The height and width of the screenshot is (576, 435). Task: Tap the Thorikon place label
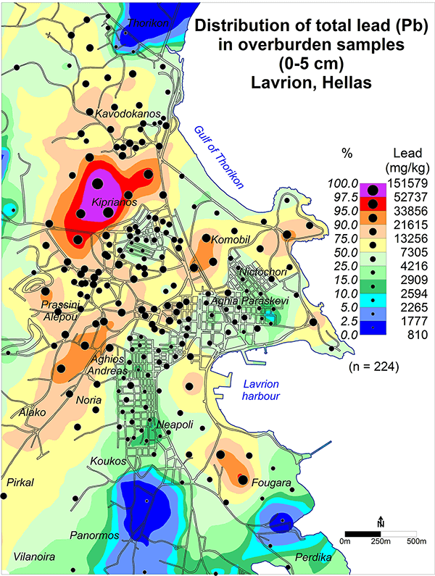tap(148, 23)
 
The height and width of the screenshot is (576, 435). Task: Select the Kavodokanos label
tap(127, 114)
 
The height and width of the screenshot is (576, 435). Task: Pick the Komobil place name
tap(230, 239)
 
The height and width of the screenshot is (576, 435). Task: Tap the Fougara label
tap(271, 483)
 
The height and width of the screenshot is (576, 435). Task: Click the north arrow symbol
tap(381, 523)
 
